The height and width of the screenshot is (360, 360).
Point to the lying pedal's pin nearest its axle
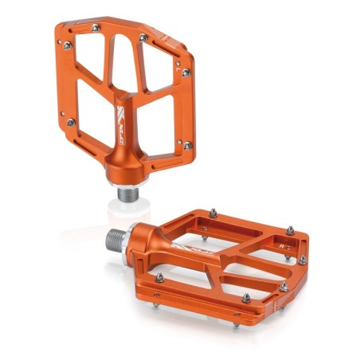pos(158,276)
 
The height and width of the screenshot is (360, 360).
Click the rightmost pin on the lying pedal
pos(303,259)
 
